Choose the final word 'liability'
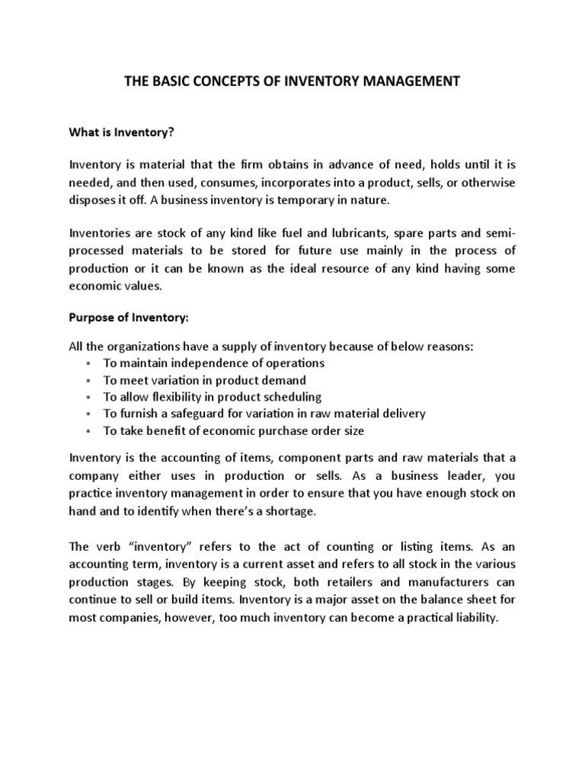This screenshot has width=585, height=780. [x=472, y=618]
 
